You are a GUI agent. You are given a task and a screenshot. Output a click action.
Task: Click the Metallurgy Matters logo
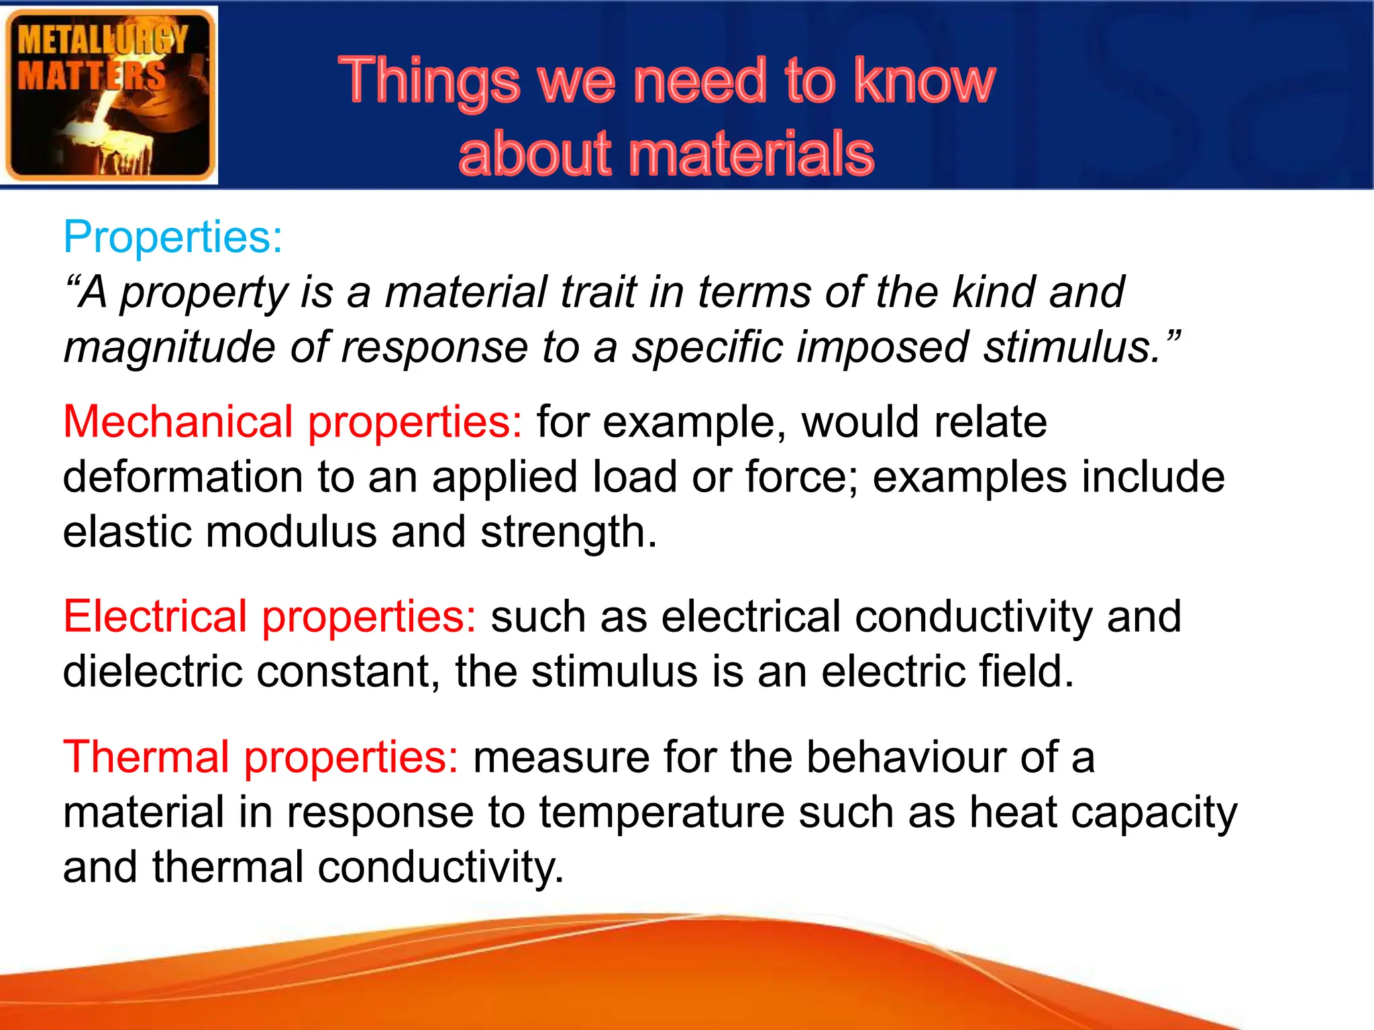[109, 95]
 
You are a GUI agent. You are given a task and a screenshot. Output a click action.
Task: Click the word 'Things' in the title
[429, 82]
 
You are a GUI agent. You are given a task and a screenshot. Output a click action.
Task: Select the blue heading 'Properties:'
[173, 237]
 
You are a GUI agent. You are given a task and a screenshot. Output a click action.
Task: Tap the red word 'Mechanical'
[178, 422]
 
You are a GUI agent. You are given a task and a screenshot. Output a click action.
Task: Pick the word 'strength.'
[569, 532]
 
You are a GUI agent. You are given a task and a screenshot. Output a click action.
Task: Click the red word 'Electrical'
[155, 616]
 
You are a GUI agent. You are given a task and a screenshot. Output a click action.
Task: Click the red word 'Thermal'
[146, 757]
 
